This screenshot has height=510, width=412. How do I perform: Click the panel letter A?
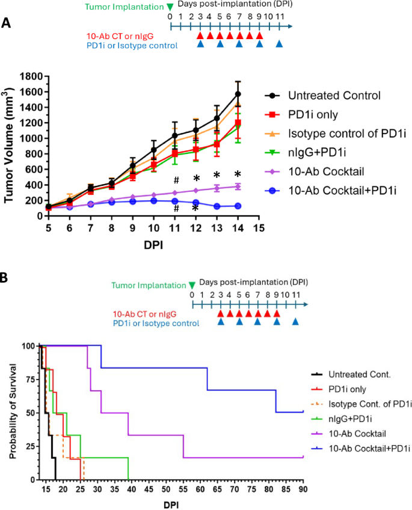(x=7, y=23)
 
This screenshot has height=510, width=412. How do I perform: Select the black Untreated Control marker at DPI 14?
(x=238, y=94)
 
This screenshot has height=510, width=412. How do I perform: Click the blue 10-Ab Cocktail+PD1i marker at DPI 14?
(x=238, y=206)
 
